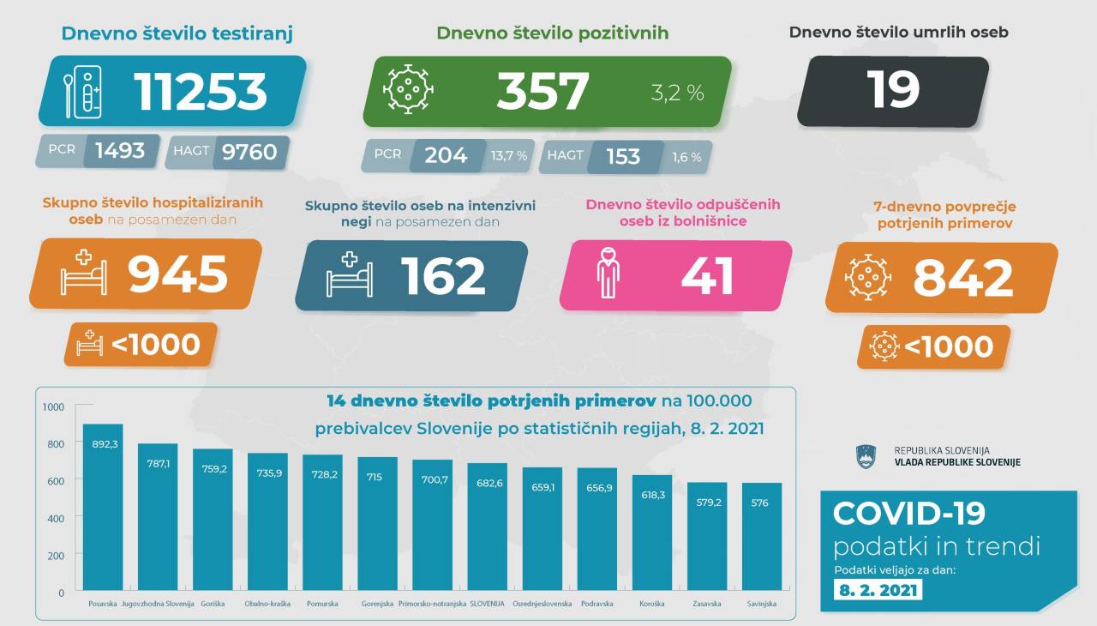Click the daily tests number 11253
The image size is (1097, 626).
pos(201,91)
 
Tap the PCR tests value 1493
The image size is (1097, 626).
pos(120,152)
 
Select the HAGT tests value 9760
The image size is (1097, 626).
pos(249,152)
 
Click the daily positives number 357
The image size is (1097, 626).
pos(543,91)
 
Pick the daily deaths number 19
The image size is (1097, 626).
pos(893,89)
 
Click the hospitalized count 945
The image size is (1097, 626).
pos(178,274)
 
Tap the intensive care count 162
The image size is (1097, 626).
pos(443,275)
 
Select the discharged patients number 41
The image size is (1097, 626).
pos(707,275)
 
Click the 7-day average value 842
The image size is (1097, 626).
pos(963,277)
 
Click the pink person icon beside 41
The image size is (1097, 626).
pos(608,274)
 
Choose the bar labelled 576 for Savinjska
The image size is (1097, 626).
pos(761,537)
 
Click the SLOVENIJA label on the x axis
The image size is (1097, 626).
pos(487,604)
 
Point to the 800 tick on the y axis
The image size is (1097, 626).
pos(55,444)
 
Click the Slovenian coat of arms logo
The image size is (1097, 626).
pos(868,456)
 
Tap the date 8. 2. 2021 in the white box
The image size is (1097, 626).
pos(878,590)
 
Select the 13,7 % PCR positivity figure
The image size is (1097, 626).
pos(509,156)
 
